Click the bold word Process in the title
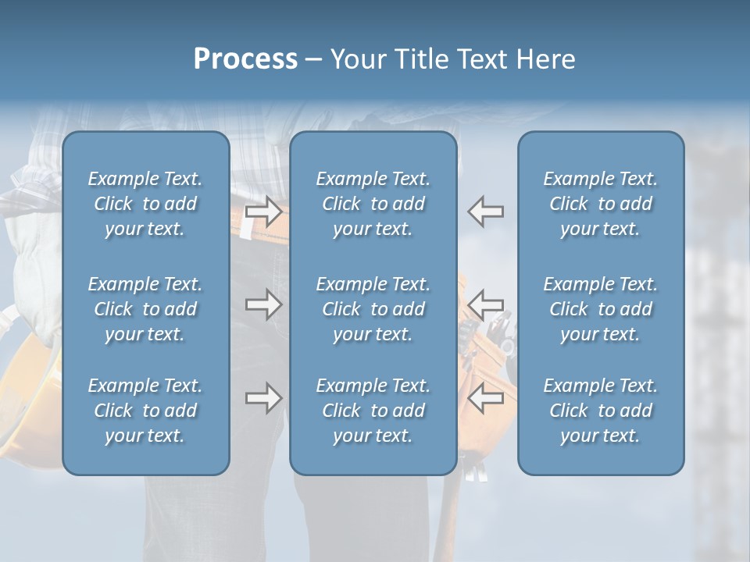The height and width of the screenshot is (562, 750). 245,59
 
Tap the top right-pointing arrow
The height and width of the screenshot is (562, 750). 264,212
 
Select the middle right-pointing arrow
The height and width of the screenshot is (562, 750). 264,304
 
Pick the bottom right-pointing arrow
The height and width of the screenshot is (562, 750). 264,398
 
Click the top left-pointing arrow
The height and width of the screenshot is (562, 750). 486,212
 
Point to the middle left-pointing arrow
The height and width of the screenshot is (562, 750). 486,304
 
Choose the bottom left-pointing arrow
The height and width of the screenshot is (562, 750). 486,398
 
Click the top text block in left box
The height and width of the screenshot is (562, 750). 145,204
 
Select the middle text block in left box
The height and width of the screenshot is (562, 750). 145,309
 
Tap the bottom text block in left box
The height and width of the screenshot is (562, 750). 145,411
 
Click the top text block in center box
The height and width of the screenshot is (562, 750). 373,204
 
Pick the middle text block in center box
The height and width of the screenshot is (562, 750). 373,309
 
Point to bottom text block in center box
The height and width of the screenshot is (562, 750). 373,411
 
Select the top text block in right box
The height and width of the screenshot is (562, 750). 601,204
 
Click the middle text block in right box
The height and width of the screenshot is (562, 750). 601,309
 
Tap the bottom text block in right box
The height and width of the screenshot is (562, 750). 601,411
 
